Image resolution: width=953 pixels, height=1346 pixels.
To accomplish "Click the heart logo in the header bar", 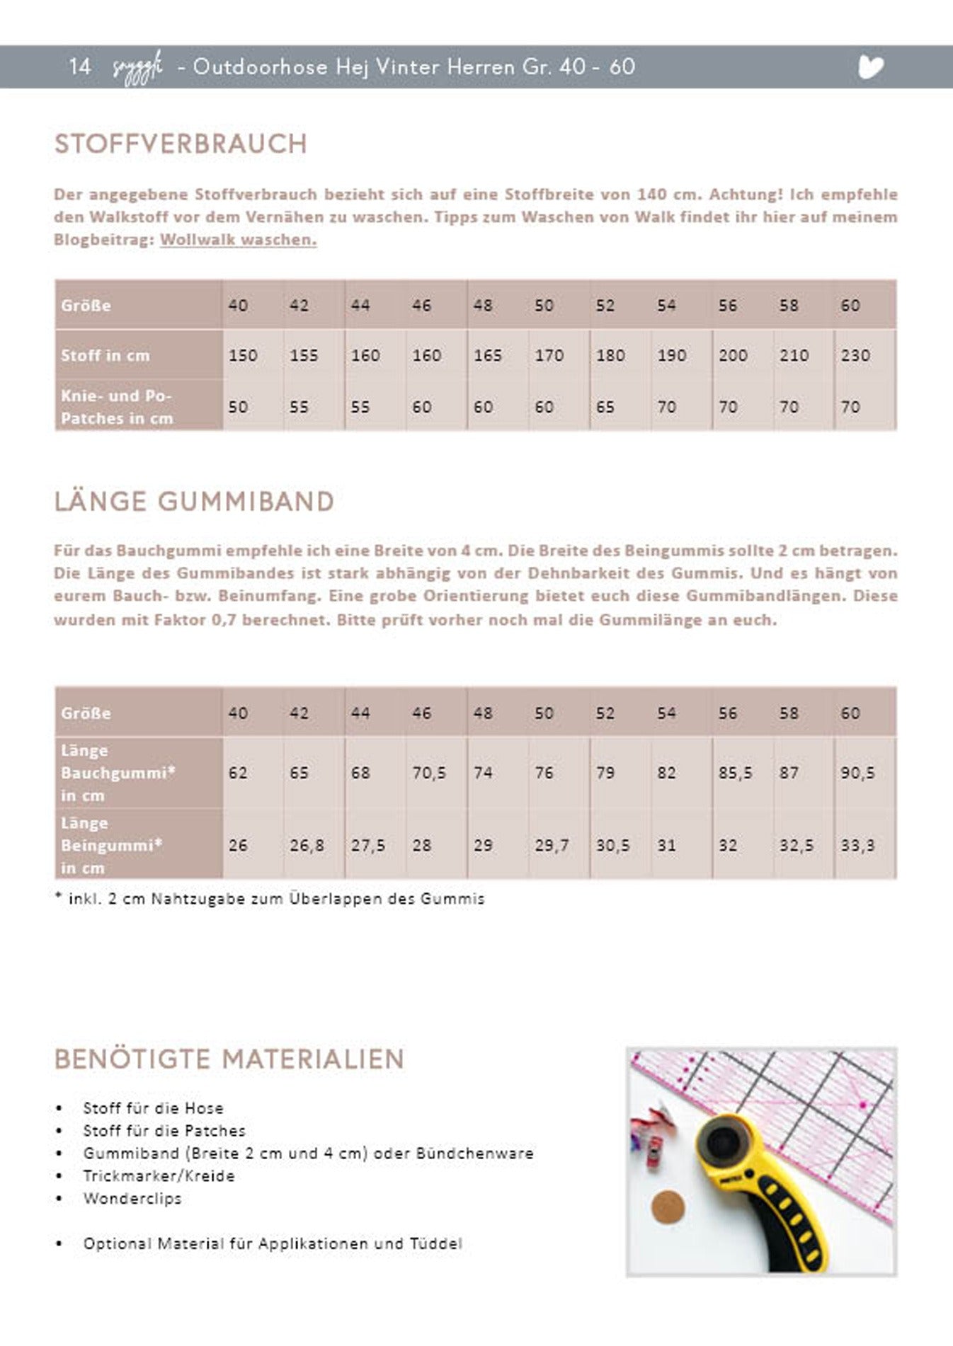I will coord(870,67).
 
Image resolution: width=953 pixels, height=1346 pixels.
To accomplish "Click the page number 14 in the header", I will coord(80,67).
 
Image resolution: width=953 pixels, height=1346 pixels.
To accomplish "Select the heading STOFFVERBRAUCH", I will coord(181,144).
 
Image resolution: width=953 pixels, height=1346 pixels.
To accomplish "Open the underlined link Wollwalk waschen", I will coord(238,240).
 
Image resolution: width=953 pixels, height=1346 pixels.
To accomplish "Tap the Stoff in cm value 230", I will coord(855,355).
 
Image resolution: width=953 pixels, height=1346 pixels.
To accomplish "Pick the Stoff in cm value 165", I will coord(488,355).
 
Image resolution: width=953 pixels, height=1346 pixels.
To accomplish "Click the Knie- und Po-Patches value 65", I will coord(605,407).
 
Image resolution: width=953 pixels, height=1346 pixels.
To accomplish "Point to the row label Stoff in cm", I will coord(105,355).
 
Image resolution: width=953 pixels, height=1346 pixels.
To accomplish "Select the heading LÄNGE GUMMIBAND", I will coord(194,502).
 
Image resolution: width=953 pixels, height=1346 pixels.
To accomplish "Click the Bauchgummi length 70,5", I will coord(429,773).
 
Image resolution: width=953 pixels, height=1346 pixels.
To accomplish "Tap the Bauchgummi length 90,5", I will coord(857,773).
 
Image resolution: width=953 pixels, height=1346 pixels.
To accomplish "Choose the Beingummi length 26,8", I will coord(307,846).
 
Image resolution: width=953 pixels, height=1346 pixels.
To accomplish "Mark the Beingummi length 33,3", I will coord(857,846).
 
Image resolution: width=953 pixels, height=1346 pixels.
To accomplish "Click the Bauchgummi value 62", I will coord(238,773).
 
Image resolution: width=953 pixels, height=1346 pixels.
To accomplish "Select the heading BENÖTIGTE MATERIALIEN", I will coord(229,1059).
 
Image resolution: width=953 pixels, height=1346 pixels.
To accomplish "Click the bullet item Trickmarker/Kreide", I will coord(159,1176).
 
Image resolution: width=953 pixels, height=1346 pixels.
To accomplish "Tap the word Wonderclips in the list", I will coord(132,1199).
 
